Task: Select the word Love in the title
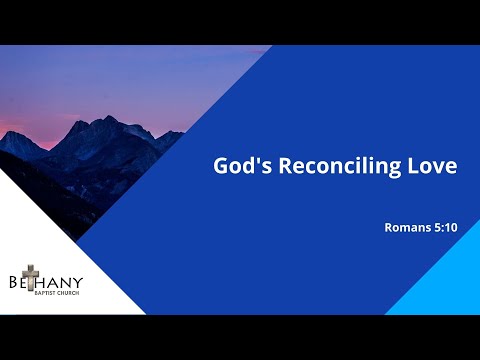click(433, 166)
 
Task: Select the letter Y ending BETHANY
click(77, 281)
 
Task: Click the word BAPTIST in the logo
click(44, 293)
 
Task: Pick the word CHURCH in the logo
click(69, 293)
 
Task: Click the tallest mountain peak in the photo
click(108, 119)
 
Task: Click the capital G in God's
click(222, 166)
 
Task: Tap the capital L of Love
click(415, 166)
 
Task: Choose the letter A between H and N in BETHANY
click(56, 281)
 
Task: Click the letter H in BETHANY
click(44, 281)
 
